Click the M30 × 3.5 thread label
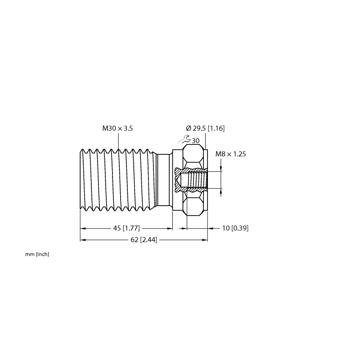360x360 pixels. pos(117,128)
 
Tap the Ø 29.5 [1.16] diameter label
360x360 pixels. pos(205,128)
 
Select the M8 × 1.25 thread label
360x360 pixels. pos(230,154)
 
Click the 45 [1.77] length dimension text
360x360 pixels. pos(126,228)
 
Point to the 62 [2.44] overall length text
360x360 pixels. pos(144,240)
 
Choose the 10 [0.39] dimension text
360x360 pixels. pos(235,228)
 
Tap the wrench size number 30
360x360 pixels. pos(196,141)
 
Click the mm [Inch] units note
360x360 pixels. pos(37,254)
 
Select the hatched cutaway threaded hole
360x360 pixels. pos(191,180)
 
